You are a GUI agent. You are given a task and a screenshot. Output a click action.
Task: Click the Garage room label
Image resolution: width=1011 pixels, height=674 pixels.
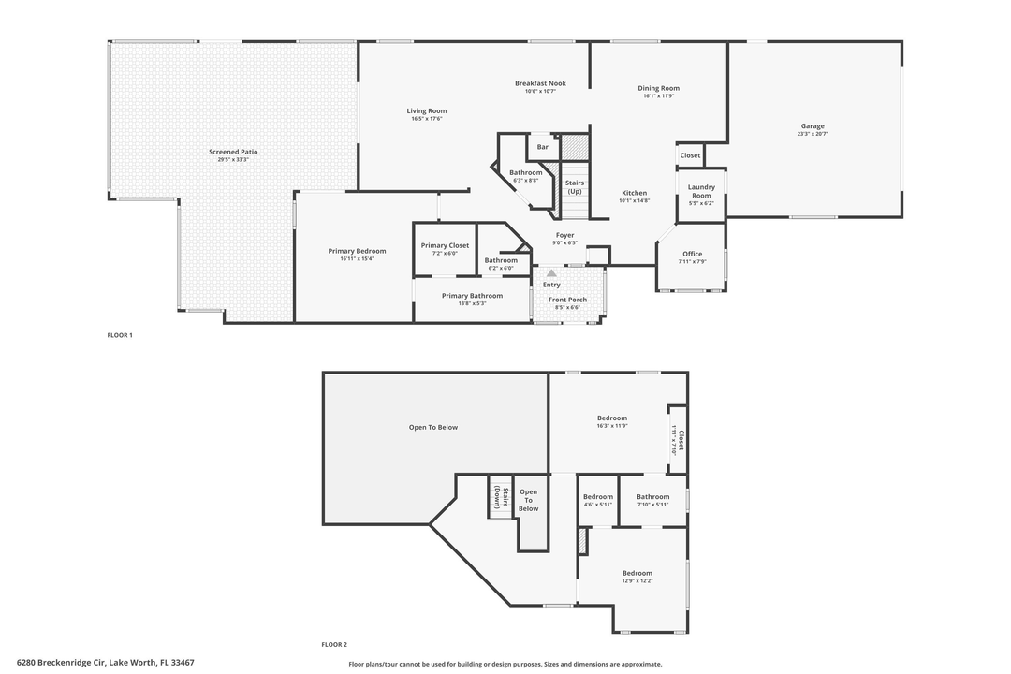[x=813, y=126]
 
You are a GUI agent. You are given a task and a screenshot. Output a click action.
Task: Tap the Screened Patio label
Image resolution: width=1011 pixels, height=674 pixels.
[x=233, y=152]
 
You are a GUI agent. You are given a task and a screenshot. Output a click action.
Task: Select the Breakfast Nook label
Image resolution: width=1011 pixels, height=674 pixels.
[x=540, y=83]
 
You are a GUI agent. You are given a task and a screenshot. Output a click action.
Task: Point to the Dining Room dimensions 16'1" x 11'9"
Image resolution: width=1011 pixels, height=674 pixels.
[x=659, y=96]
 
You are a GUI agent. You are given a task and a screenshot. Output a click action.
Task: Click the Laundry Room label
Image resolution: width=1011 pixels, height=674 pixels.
[x=701, y=191]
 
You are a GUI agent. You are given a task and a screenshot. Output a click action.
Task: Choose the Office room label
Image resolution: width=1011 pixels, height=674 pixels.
[x=692, y=254]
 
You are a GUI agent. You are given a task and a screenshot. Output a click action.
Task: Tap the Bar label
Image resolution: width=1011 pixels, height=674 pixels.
[x=542, y=147]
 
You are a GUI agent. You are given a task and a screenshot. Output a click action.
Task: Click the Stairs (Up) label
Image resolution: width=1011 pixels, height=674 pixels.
[x=575, y=187]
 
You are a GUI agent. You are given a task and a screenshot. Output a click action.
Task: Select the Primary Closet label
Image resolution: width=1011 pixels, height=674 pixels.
[x=445, y=245]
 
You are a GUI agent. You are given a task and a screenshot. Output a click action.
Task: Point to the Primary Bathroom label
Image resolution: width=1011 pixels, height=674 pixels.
[x=473, y=296]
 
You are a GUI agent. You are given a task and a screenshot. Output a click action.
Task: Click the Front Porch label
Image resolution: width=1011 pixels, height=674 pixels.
[x=567, y=300]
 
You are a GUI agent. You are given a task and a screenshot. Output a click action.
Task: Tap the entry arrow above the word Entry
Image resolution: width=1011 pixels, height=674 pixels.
[x=551, y=273]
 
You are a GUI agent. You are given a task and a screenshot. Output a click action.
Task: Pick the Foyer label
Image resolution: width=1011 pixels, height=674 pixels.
[x=564, y=235]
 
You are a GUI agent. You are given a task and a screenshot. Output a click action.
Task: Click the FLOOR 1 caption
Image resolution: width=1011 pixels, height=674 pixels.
[x=120, y=335]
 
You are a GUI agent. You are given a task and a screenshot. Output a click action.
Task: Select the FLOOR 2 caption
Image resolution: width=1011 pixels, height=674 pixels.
[x=334, y=644]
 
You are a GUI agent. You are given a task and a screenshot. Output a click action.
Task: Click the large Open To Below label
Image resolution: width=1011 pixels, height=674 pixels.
[x=433, y=427]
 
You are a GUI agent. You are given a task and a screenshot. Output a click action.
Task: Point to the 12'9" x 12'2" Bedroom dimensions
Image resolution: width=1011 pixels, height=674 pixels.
[x=637, y=581]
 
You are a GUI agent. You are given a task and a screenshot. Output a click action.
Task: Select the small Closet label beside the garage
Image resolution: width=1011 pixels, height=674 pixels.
[x=690, y=155]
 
